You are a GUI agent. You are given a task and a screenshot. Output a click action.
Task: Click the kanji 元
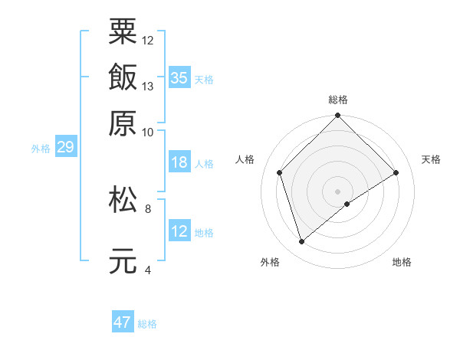(123, 260)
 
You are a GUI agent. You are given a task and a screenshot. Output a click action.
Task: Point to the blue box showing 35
(179, 77)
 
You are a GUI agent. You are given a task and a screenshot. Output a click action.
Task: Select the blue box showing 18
(179, 162)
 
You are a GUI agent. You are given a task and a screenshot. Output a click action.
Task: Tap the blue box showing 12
(179, 231)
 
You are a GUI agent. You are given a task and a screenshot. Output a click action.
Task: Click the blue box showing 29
(65, 147)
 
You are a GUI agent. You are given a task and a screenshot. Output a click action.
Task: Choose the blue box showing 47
(123, 322)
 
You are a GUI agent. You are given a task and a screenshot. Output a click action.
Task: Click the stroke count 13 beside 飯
(148, 86)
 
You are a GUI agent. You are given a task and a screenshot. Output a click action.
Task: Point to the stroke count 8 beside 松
(148, 208)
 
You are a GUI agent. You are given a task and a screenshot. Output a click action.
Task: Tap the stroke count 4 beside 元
(148, 270)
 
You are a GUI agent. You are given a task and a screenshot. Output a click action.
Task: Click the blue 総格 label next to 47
(147, 324)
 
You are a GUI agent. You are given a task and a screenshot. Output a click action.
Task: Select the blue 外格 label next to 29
(41, 149)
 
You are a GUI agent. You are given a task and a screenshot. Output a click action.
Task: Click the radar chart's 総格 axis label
(338, 100)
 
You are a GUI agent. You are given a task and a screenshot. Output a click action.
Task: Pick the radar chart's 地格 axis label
(402, 263)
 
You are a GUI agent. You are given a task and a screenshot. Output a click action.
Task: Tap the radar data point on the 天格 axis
(396, 172)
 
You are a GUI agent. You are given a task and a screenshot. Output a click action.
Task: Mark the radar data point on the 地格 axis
(347, 204)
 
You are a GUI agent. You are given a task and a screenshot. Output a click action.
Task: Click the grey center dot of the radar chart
(338, 191)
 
